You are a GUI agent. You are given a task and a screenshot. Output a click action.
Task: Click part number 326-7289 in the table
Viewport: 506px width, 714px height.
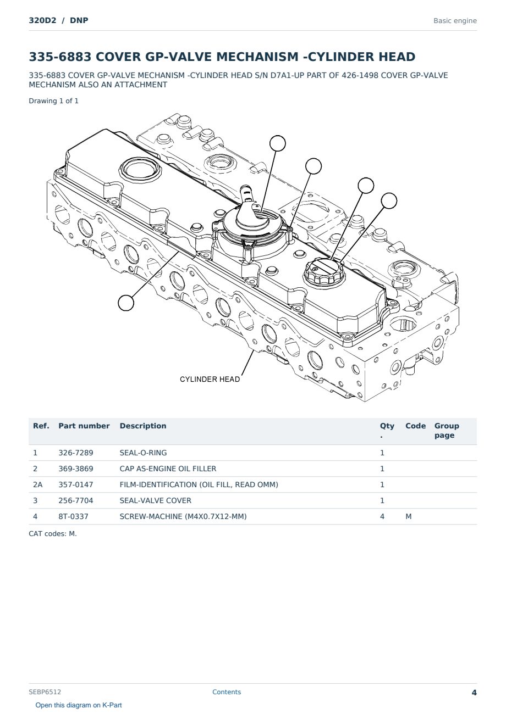76,453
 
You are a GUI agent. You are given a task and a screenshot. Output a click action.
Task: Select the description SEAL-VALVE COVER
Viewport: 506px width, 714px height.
156,500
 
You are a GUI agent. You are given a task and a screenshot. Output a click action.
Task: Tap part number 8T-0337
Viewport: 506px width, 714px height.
74,516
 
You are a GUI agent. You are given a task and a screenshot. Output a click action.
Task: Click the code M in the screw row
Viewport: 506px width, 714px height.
408,516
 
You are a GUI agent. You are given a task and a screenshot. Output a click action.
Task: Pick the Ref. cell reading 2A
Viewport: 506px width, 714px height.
37,484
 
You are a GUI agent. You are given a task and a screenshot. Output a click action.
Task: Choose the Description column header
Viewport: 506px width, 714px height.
143,426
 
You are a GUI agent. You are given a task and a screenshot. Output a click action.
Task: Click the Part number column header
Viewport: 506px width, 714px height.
84,426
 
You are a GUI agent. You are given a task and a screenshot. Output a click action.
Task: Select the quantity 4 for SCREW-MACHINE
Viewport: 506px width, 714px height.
382,516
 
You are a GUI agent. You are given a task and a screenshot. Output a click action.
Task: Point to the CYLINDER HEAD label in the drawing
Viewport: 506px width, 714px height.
210,380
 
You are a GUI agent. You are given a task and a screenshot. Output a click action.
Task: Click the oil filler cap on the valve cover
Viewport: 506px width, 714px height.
324,273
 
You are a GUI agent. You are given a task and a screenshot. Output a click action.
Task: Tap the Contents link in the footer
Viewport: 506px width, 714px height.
227,692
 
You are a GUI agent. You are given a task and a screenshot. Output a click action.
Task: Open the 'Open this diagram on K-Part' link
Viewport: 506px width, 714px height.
79,705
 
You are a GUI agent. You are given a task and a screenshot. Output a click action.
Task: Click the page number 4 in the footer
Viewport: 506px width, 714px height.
474,693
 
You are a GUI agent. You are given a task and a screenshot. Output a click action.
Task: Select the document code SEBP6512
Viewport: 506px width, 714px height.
45,692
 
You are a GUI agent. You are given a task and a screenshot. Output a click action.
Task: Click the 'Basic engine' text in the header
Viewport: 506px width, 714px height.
455,21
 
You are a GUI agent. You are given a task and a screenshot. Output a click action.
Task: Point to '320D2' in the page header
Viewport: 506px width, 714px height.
42,20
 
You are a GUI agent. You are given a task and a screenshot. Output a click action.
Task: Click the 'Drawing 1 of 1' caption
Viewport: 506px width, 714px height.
54,101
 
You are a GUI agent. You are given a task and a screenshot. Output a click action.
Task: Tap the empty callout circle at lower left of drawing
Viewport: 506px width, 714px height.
126,303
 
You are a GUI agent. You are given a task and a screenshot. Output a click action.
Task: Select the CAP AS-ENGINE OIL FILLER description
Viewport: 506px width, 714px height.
168,468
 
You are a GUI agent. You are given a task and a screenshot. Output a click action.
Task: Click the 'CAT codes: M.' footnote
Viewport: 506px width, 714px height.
53,534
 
